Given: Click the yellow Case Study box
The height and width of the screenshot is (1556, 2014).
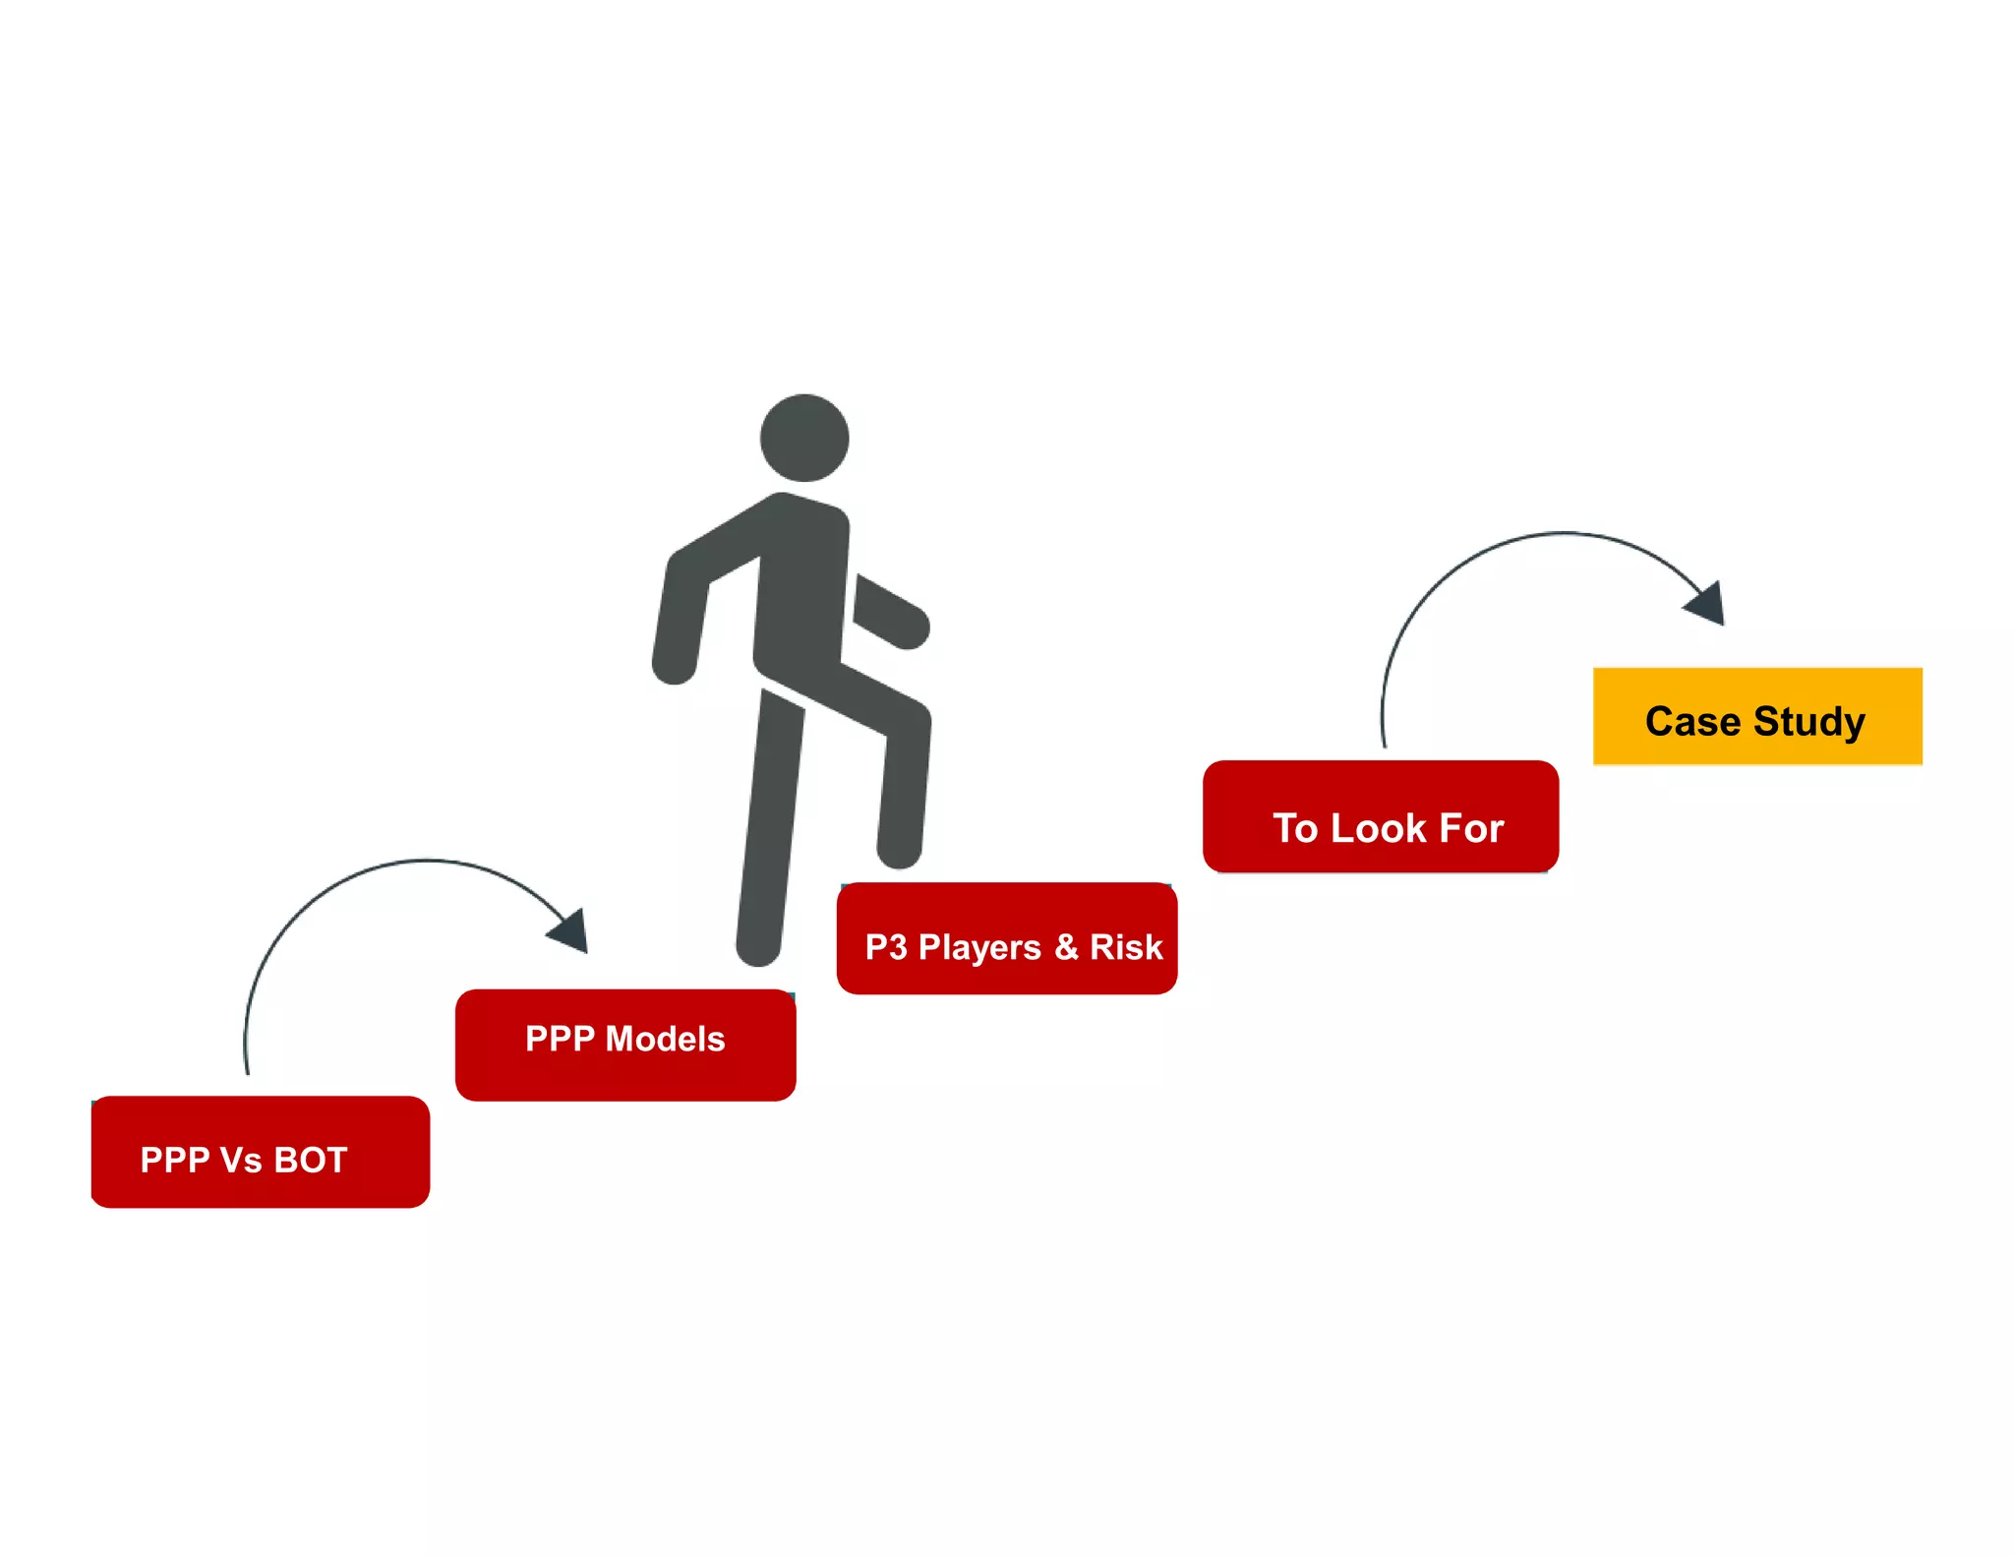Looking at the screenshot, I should (1756, 716).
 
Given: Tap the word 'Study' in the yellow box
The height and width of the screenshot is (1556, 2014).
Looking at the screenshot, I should (1808, 722).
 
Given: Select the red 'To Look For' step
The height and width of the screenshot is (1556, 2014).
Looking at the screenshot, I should (1380, 815).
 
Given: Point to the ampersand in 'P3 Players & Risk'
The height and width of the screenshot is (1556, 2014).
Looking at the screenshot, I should (1066, 947).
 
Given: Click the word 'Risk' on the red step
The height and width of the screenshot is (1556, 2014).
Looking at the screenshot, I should (1126, 947).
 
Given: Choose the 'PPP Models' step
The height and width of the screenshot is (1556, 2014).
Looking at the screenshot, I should (625, 1045).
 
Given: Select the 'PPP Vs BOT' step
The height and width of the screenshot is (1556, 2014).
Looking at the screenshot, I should (260, 1152).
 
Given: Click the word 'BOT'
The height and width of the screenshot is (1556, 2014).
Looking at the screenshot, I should (311, 1161).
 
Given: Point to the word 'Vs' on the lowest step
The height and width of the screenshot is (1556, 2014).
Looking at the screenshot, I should (241, 1161).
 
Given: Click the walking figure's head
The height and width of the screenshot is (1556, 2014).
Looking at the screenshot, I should (804, 438).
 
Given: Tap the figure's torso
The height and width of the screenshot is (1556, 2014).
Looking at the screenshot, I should (800, 590).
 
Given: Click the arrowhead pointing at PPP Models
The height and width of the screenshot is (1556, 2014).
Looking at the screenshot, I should (571, 930).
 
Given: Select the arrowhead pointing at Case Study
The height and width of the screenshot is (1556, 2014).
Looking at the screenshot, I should (1707, 603).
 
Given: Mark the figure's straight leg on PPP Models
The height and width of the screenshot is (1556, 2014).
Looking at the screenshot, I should (770, 826).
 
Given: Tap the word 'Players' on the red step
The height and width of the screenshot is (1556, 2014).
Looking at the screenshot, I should (978, 947).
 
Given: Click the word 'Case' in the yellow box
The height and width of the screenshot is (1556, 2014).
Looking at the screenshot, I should (1692, 722).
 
